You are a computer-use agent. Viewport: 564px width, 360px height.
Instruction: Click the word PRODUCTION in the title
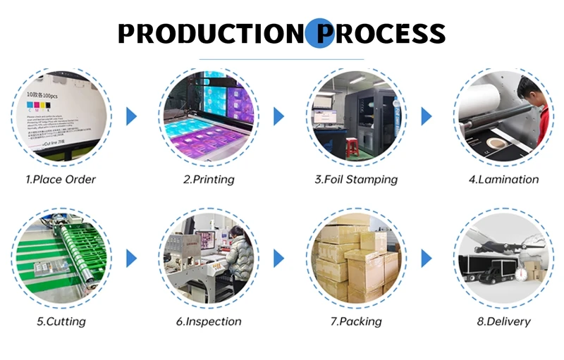click(209, 33)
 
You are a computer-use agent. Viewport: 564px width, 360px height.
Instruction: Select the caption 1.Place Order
click(61, 180)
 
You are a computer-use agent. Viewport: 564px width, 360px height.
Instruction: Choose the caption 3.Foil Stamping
click(356, 180)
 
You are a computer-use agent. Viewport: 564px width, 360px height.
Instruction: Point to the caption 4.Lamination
click(503, 180)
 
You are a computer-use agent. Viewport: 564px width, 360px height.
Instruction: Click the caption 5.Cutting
click(61, 322)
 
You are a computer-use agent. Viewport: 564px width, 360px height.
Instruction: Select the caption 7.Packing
click(356, 322)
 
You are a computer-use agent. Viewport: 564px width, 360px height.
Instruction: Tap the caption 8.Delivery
click(503, 322)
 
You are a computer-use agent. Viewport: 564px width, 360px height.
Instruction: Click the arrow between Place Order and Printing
click(131, 116)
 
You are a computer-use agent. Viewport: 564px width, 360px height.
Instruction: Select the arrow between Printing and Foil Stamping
click(278, 116)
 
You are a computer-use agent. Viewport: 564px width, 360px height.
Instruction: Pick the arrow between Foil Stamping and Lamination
click(426, 116)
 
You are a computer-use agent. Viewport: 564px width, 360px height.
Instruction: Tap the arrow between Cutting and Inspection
click(131, 258)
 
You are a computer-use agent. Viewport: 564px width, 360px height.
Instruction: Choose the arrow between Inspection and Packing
click(278, 258)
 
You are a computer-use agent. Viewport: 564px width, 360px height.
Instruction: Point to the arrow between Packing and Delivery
click(426, 258)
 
